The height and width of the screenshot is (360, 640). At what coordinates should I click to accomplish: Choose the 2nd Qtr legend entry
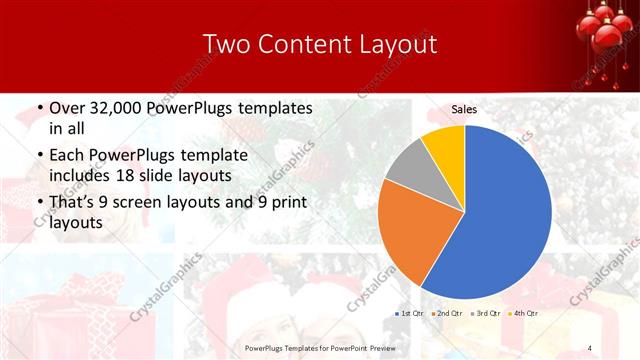point(446,313)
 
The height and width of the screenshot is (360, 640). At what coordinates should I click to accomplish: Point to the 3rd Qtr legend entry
point(485,313)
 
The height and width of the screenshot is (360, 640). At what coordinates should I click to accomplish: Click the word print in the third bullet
point(290,203)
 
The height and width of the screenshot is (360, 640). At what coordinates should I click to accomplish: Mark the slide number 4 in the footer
point(591,347)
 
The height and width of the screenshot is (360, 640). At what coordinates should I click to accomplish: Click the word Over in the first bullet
point(66,108)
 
